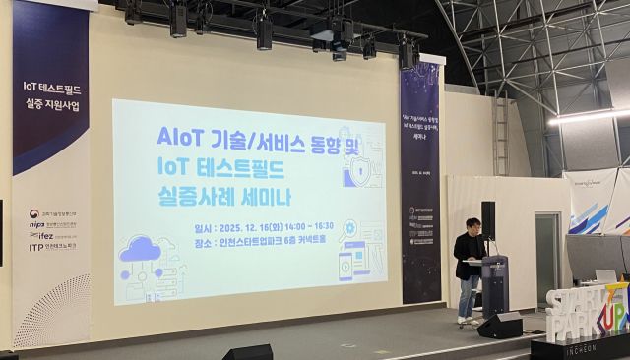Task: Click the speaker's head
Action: click(472, 226)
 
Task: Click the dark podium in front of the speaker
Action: click(493, 285)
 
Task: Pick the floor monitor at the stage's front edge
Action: click(247, 352)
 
